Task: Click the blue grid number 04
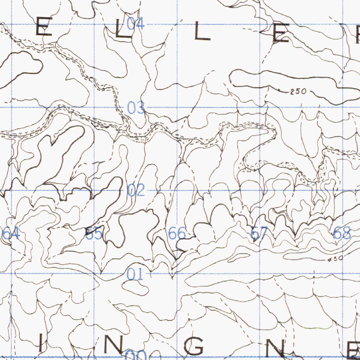135,24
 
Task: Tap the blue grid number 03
136,108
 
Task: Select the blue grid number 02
136,191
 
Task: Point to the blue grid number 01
135,274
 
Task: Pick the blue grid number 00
135,355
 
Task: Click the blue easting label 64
11,233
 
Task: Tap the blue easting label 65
94,233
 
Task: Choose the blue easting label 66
177,233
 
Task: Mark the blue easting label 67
259,233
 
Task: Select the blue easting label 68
342,233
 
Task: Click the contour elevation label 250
298,92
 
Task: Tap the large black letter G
196,346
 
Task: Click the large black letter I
40,343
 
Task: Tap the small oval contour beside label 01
135,288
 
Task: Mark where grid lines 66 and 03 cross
177,107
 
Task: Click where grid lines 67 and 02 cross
260,190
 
